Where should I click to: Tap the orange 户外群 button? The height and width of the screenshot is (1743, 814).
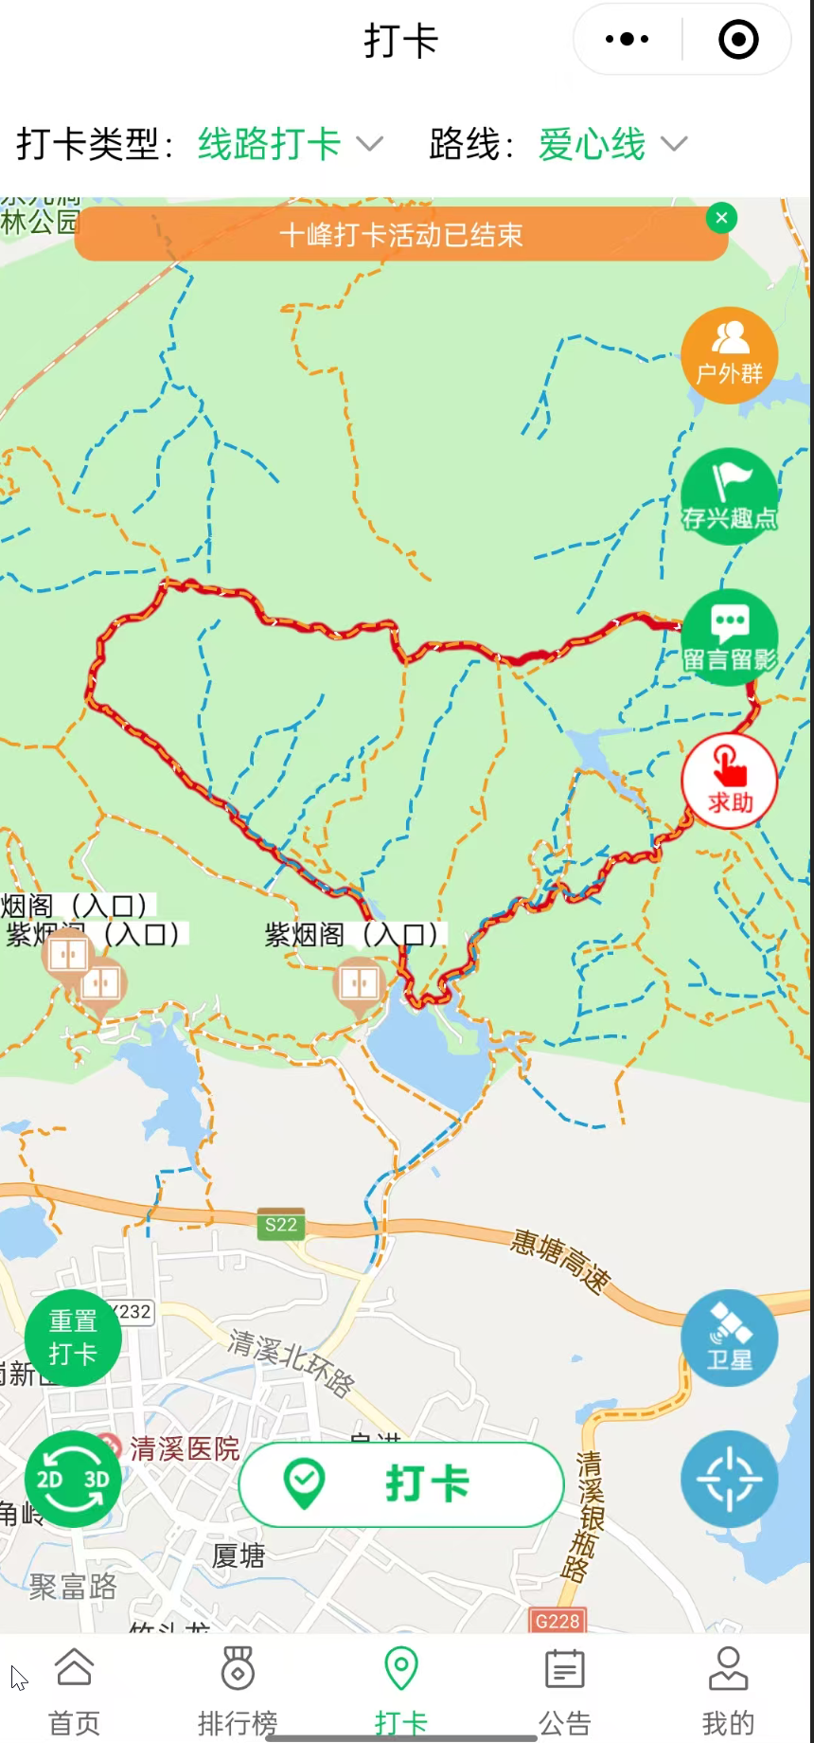[x=729, y=356]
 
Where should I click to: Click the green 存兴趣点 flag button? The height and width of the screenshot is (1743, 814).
[x=729, y=496]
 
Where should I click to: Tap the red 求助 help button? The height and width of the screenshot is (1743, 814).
[x=729, y=781]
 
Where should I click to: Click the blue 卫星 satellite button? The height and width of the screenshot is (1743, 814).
[x=729, y=1338]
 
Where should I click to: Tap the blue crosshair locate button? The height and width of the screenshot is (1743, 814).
[x=729, y=1479]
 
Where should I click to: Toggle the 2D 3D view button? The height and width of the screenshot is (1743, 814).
[x=73, y=1479]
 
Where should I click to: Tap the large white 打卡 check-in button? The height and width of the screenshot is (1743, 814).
[x=401, y=1483]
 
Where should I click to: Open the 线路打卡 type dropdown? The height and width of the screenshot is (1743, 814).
[x=290, y=144]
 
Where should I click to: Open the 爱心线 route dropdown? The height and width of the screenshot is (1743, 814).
[x=611, y=144]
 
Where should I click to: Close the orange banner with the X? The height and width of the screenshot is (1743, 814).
[x=721, y=218]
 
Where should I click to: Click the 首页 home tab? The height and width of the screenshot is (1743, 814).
[x=74, y=1690]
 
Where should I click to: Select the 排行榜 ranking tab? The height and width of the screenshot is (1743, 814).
[x=238, y=1690]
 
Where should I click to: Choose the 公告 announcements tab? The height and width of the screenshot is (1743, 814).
[x=564, y=1690]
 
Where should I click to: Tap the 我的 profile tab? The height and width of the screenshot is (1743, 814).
[x=728, y=1690]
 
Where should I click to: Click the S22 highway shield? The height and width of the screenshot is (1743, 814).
[x=281, y=1224]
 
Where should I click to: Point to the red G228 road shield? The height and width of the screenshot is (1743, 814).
[x=557, y=1621]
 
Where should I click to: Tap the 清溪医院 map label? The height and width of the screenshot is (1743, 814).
[x=184, y=1448]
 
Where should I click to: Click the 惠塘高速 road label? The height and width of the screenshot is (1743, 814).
[x=560, y=1261]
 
